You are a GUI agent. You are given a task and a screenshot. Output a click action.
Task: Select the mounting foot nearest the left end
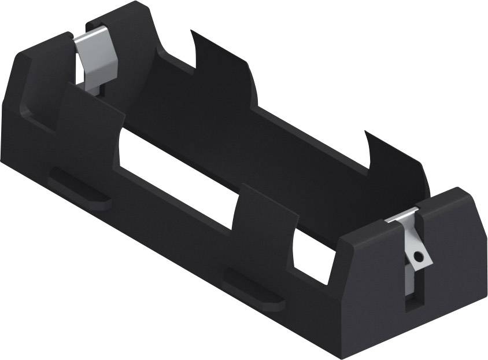(x=81, y=188)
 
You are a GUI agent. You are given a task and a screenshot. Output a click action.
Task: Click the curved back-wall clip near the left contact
(x=223, y=69)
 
